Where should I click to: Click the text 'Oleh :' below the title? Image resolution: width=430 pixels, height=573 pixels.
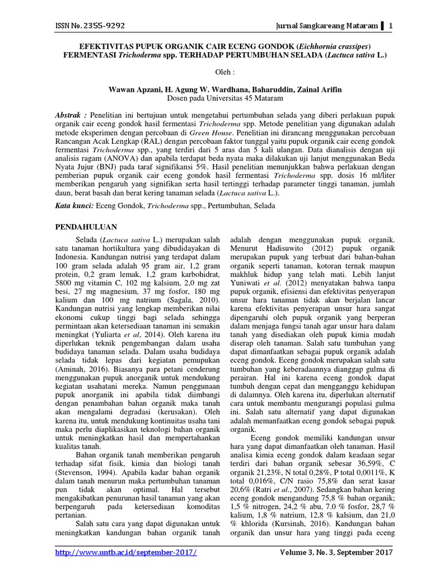215,73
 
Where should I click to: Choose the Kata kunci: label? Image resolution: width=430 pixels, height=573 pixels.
73,206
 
